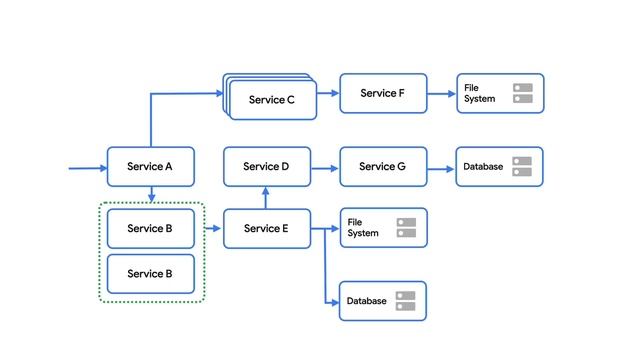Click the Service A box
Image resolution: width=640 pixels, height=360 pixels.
(x=150, y=167)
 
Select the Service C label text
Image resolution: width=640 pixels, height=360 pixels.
(x=271, y=100)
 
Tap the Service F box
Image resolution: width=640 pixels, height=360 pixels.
(x=383, y=93)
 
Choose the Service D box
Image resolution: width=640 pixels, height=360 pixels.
(x=266, y=167)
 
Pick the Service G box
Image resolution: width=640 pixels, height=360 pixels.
(x=383, y=167)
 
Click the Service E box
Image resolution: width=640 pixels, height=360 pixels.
(x=266, y=229)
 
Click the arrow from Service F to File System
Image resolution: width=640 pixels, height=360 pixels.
(x=441, y=93)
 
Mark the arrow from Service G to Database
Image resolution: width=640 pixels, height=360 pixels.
(x=441, y=168)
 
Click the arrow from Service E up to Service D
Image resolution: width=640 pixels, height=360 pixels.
(x=266, y=198)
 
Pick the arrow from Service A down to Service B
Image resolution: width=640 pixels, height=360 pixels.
(x=150, y=194)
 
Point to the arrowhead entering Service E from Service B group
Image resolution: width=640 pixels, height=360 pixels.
(x=218, y=229)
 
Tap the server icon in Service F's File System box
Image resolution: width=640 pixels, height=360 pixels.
(x=522, y=93)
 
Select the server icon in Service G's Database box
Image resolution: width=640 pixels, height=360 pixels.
(x=522, y=167)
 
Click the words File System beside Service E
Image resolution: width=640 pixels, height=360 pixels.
(x=363, y=228)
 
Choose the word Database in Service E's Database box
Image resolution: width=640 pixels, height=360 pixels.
(x=366, y=301)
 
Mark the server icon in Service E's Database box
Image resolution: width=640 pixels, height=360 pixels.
(x=405, y=301)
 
